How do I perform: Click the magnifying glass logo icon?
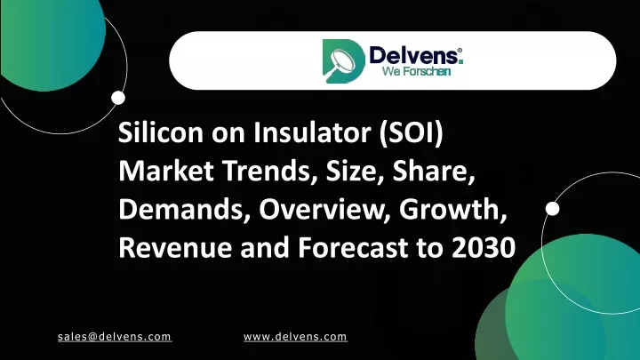(x=343, y=61)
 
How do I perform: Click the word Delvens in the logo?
(x=413, y=55)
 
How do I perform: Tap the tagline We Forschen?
(x=416, y=71)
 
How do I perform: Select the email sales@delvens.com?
(x=115, y=337)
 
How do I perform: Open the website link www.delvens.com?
(x=295, y=337)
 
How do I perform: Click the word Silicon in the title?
(x=161, y=132)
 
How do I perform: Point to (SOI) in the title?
(x=411, y=133)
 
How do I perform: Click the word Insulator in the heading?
(x=312, y=132)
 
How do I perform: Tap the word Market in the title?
(x=166, y=171)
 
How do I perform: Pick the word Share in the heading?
(x=434, y=172)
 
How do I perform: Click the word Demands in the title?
(x=185, y=210)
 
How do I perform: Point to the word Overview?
(x=324, y=210)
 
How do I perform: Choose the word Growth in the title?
(x=453, y=210)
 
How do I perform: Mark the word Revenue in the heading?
(x=175, y=247)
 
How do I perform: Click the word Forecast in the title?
(x=353, y=247)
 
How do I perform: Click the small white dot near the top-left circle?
(x=118, y=98)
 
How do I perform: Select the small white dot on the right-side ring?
(x=553, y=209)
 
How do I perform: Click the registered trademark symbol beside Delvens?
(x=460, y=50)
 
